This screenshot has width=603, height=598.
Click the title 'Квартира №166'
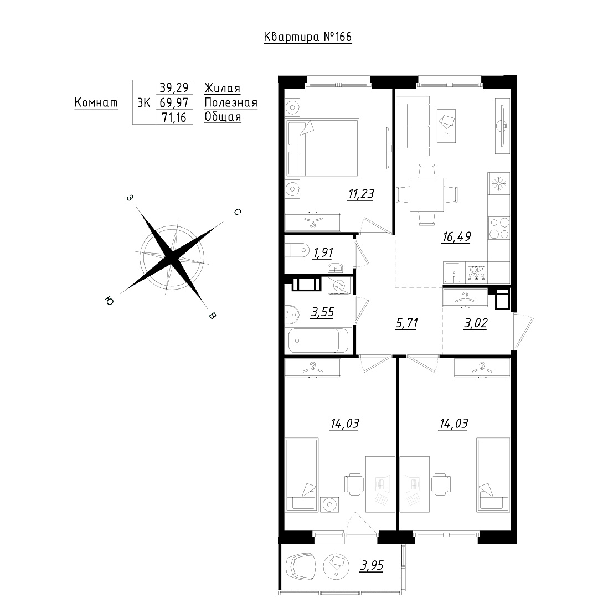click(308, 37)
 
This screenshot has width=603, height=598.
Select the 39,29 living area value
click(174, 88)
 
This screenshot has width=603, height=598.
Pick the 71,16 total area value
click(174, 117)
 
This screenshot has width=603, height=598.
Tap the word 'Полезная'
click(231, 102)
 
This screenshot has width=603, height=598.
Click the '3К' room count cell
click(144, 102)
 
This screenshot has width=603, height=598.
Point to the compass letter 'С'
click(238, 212)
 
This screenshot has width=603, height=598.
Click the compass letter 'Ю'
click(109, 301)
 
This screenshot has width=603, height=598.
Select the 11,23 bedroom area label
click(360, 194)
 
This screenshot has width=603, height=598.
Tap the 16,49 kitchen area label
click(456, 236)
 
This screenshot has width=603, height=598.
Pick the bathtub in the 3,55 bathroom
click(318, 341)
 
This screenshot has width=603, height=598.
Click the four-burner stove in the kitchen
click(499, 229)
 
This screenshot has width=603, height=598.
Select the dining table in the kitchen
click(427, 194)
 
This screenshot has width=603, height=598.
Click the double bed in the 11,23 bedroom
click(322, 148)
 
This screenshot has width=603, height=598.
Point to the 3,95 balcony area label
click(372, 566)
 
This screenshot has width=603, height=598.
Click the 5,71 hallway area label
click(406, 323)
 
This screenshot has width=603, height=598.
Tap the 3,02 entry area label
click(476, 323)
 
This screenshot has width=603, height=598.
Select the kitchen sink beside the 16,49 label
click(454, 273)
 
